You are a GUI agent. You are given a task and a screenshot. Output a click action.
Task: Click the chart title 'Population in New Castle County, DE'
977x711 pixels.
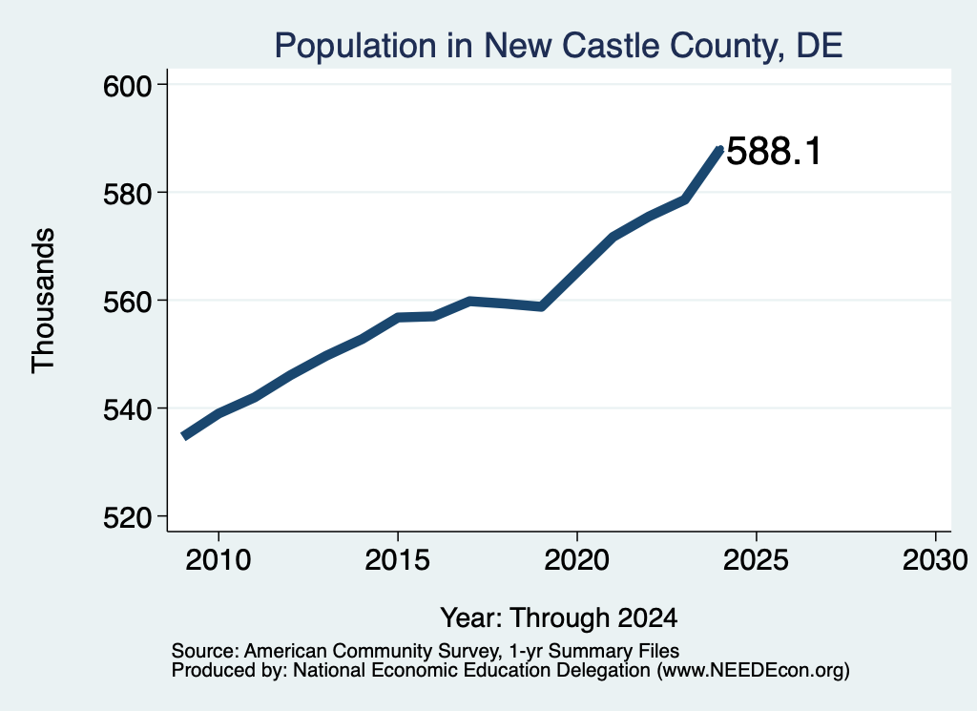tap(558, 46)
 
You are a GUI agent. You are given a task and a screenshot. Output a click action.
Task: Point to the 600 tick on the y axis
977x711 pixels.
tap(128, 86)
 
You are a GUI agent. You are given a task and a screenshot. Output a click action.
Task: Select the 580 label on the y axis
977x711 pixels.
tap(128, 194)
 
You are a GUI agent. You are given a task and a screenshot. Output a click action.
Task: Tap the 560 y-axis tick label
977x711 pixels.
tap(128, 302)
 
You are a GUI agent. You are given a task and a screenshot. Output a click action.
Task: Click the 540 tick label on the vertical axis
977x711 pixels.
tap(128, 410)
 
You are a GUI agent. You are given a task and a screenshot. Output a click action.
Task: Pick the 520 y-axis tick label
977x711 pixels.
tap(128, 518)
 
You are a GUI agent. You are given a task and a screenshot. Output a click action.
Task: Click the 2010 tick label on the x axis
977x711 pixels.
tap(218, 559)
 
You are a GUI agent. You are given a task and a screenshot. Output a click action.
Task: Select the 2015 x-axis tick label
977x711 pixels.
tap(398, 559)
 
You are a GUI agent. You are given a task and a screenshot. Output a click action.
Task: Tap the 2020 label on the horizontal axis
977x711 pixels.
tap(577, 559)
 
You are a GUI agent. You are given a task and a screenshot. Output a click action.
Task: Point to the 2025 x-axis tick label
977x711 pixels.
tap(756, 559)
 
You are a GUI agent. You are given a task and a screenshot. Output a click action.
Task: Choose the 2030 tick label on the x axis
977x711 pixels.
tap(935, 559)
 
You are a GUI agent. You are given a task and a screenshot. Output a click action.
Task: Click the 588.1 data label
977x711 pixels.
tap(774, 152)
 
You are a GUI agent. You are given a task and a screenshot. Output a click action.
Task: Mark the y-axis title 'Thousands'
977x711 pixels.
tap(43, 301)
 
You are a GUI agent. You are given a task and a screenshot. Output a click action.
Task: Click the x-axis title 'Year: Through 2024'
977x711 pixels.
tap(559, 617)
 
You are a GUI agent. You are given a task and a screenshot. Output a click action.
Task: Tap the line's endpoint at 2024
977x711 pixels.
tap(720, 149)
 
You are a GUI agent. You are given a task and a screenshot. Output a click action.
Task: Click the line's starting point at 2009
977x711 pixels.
tap(184, 436)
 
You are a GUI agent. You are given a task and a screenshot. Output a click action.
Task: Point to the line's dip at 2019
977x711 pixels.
tap(542, 306)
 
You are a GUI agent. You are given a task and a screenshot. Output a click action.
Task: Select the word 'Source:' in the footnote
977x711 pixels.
tap(205, 651)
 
